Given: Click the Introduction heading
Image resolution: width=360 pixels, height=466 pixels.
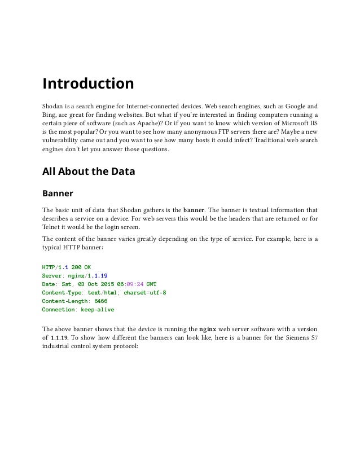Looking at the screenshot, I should point(88,84).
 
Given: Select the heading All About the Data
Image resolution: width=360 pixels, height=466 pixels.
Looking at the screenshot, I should point(89,171).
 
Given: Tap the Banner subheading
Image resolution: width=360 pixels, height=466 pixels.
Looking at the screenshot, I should point(58,194).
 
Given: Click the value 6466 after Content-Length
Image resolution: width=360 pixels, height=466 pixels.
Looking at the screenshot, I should point(101,301).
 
